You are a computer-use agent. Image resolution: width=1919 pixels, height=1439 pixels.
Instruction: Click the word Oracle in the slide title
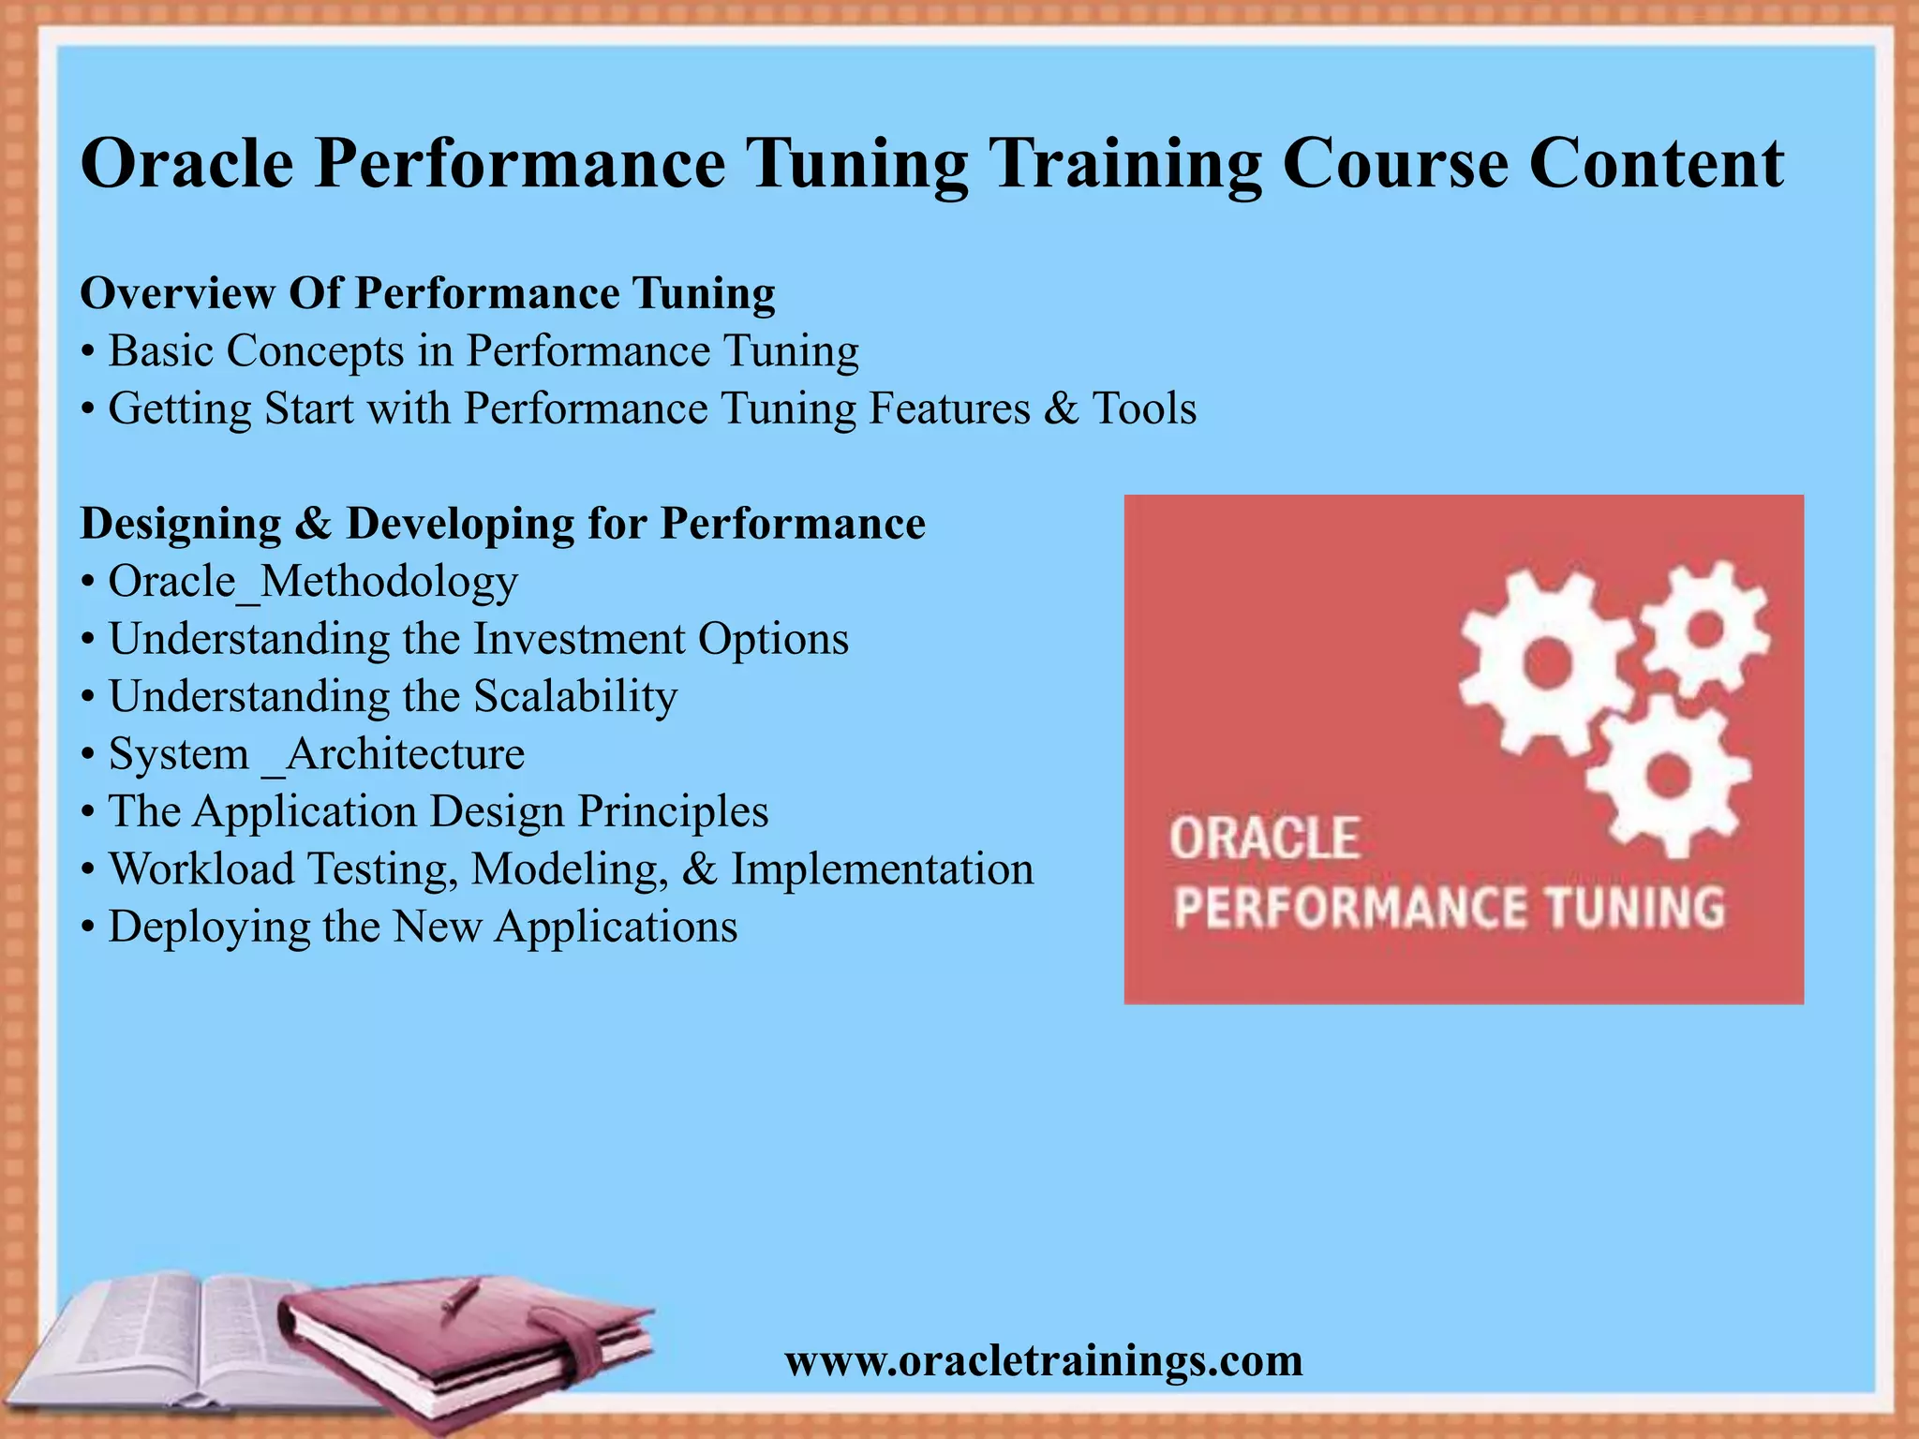(x=187, y=164)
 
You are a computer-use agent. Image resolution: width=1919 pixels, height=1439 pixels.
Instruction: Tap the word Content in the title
(x=1656, y=164)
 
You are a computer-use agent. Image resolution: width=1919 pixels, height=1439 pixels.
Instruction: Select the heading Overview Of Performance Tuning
(x=427, y=293)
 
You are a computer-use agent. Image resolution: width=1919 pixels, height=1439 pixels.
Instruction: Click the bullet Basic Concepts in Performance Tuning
(x=483, y=351)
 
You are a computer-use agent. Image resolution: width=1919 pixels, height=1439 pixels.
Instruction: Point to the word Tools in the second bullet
(x=1144, y=408)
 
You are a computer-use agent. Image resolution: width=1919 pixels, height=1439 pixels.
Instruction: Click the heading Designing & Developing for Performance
(x=502, y=524)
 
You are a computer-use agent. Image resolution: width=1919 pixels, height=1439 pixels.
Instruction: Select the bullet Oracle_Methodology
(x=312, y=582)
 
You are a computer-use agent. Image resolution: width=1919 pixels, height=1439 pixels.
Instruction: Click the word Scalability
(x=574, y=697)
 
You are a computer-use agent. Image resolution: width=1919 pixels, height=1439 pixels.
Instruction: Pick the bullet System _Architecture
(x=316, y=754)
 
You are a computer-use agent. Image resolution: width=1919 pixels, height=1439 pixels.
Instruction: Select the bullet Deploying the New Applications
(x=422, y=927)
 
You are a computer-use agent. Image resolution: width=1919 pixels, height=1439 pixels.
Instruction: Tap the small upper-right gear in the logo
(x=1705, y=628)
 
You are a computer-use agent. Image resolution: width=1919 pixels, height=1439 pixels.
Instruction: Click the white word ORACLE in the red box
(x=1264, y=838)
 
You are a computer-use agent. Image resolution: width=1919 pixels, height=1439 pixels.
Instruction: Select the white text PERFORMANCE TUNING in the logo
(x=1449, y=908)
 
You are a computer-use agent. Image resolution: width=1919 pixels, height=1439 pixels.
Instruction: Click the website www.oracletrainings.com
(x=1044, y=1360)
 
